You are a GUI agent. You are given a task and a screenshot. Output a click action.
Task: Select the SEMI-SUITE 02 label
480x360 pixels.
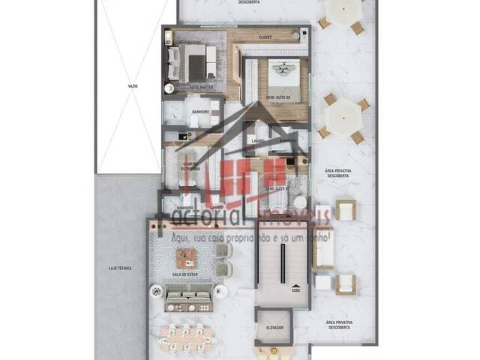(x=280, y=97)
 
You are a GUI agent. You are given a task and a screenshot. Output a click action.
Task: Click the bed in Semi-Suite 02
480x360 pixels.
(x=283, y=75)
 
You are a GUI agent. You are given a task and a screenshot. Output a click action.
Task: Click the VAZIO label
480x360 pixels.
(x=133, y=87)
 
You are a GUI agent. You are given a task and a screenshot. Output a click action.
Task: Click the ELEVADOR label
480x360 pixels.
(x=273, y=327)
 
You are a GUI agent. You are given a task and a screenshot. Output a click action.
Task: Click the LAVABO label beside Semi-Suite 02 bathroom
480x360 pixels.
(x=258, y=140)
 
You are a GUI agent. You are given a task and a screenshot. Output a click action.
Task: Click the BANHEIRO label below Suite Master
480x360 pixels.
(x=200, y=112)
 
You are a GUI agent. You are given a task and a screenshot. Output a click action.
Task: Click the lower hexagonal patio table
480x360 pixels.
(x=343, y=115)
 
